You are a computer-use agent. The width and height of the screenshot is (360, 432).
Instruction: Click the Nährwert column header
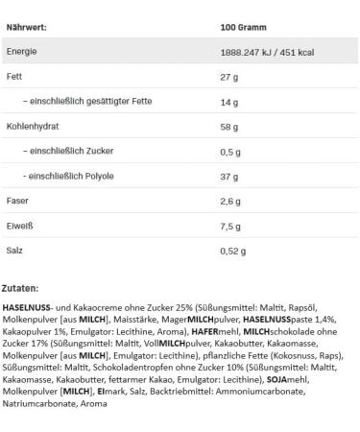click(28, 27)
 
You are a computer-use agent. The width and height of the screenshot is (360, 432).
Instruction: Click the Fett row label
click(14, 75)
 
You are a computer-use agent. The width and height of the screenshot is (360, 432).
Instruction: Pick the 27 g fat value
click(228, 75)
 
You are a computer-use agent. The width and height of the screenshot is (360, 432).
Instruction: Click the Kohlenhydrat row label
click(33, 125)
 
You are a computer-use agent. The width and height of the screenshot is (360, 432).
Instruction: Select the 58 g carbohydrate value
click(228, 125)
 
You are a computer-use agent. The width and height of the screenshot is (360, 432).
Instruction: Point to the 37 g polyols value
click(228, 176)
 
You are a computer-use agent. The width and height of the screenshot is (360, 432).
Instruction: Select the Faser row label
click(17, 200)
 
